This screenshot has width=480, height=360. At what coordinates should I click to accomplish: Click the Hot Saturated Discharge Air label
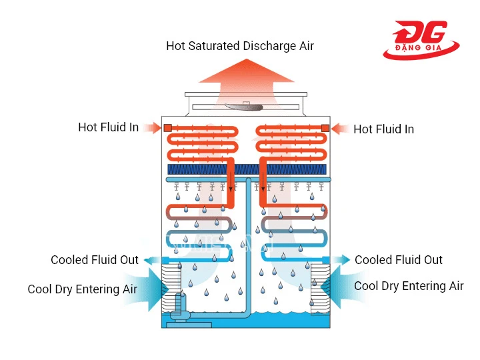[x=240, y=46]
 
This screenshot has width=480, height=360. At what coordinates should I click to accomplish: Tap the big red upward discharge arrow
[x=247, y=80]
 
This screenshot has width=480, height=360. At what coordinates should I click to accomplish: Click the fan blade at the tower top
[x=244, y=107]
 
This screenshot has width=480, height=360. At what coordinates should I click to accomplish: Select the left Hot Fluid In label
[x=109, y=127]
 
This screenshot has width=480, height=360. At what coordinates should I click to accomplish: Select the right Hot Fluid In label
[x=383, y=129]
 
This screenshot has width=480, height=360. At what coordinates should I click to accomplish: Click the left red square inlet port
[x=168, y=128]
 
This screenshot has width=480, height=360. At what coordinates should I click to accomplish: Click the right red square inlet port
[x=325, y=128]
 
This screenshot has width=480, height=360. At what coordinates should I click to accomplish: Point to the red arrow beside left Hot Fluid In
[x=152, y=127]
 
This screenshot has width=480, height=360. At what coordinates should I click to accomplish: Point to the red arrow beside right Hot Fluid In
[x=340, y=129]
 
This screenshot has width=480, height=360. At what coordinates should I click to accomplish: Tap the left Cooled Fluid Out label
[x=95, y=260]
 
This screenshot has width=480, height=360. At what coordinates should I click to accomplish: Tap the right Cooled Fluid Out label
[x=398, y=260]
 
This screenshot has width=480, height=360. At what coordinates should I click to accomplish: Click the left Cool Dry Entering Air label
[x=83, y=289]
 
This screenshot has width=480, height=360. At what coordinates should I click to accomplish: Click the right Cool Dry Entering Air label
[x=409, y=286]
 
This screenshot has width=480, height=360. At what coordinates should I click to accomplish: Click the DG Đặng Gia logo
[x=421, y=40]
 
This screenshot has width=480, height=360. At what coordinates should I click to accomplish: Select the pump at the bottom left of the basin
[x=179, y=307]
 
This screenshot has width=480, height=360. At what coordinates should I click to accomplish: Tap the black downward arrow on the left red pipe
[x=231, y=181]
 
